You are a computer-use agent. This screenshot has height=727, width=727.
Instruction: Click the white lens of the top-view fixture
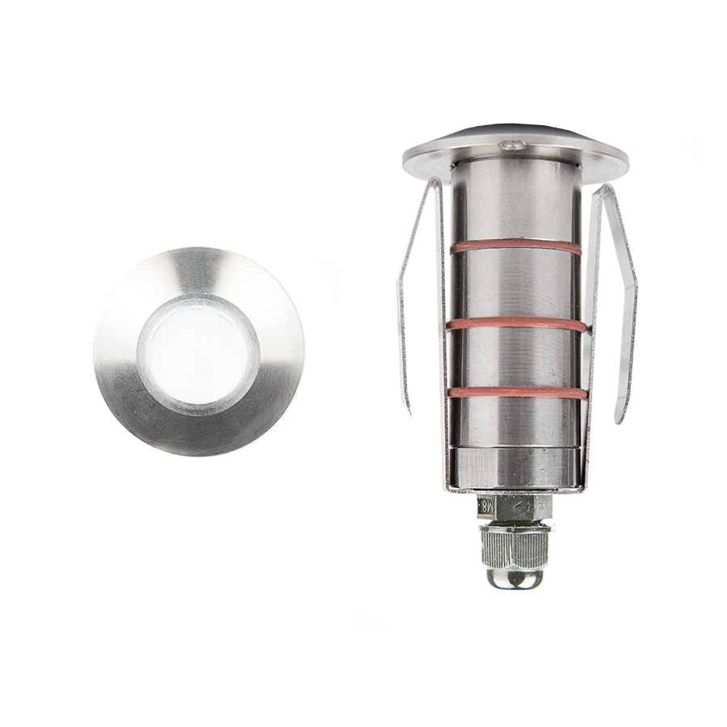pyautogui.click(x=199, y=351)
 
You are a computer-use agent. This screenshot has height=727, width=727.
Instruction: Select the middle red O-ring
pyautogui.click(x=517, y=323)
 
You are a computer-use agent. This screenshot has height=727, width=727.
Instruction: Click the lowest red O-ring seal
pyautogui.click(x=517, y=393)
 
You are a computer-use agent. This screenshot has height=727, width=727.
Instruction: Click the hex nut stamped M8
pyautogui.click(x=515, y=507)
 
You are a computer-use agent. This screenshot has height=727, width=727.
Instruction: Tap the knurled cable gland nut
pyautogui.click(x=515, y=546)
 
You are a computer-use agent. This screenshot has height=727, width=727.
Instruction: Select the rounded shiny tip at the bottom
pyautogui.click(x=515, y=577)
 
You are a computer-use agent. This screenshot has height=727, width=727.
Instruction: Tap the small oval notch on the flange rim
pyautogui.click(x=511, y=145)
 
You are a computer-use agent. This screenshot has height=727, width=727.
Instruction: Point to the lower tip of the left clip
pyautogui.click(x=408, y=408)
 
